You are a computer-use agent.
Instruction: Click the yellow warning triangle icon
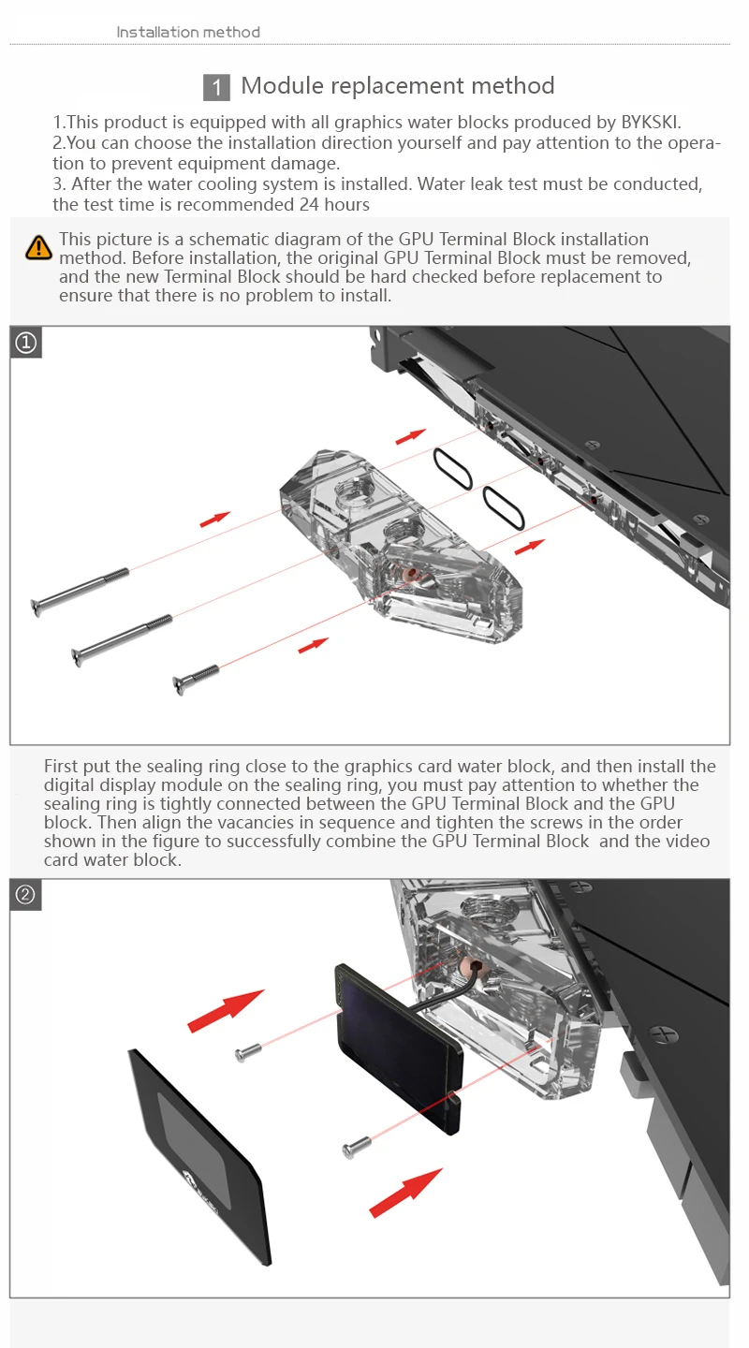click(x=38, y=247)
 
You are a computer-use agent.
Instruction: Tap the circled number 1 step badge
click(x=26, y=344)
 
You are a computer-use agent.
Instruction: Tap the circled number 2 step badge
click(x=26, y=895)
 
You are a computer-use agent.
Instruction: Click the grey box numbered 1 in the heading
click(x=216, y=88)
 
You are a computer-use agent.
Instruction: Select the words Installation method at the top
click(x=188, y=33)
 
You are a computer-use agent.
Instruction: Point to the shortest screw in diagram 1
click(x=196, y=679)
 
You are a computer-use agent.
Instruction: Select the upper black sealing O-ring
click(x=452, y=468)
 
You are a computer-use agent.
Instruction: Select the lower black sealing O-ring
click(x=504, y=508)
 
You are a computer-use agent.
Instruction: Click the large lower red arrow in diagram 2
click(x=405, y=1192)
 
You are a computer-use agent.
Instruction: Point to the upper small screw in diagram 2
click(x=247, y=1054)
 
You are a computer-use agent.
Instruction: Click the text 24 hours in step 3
click(x=334, y=204)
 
